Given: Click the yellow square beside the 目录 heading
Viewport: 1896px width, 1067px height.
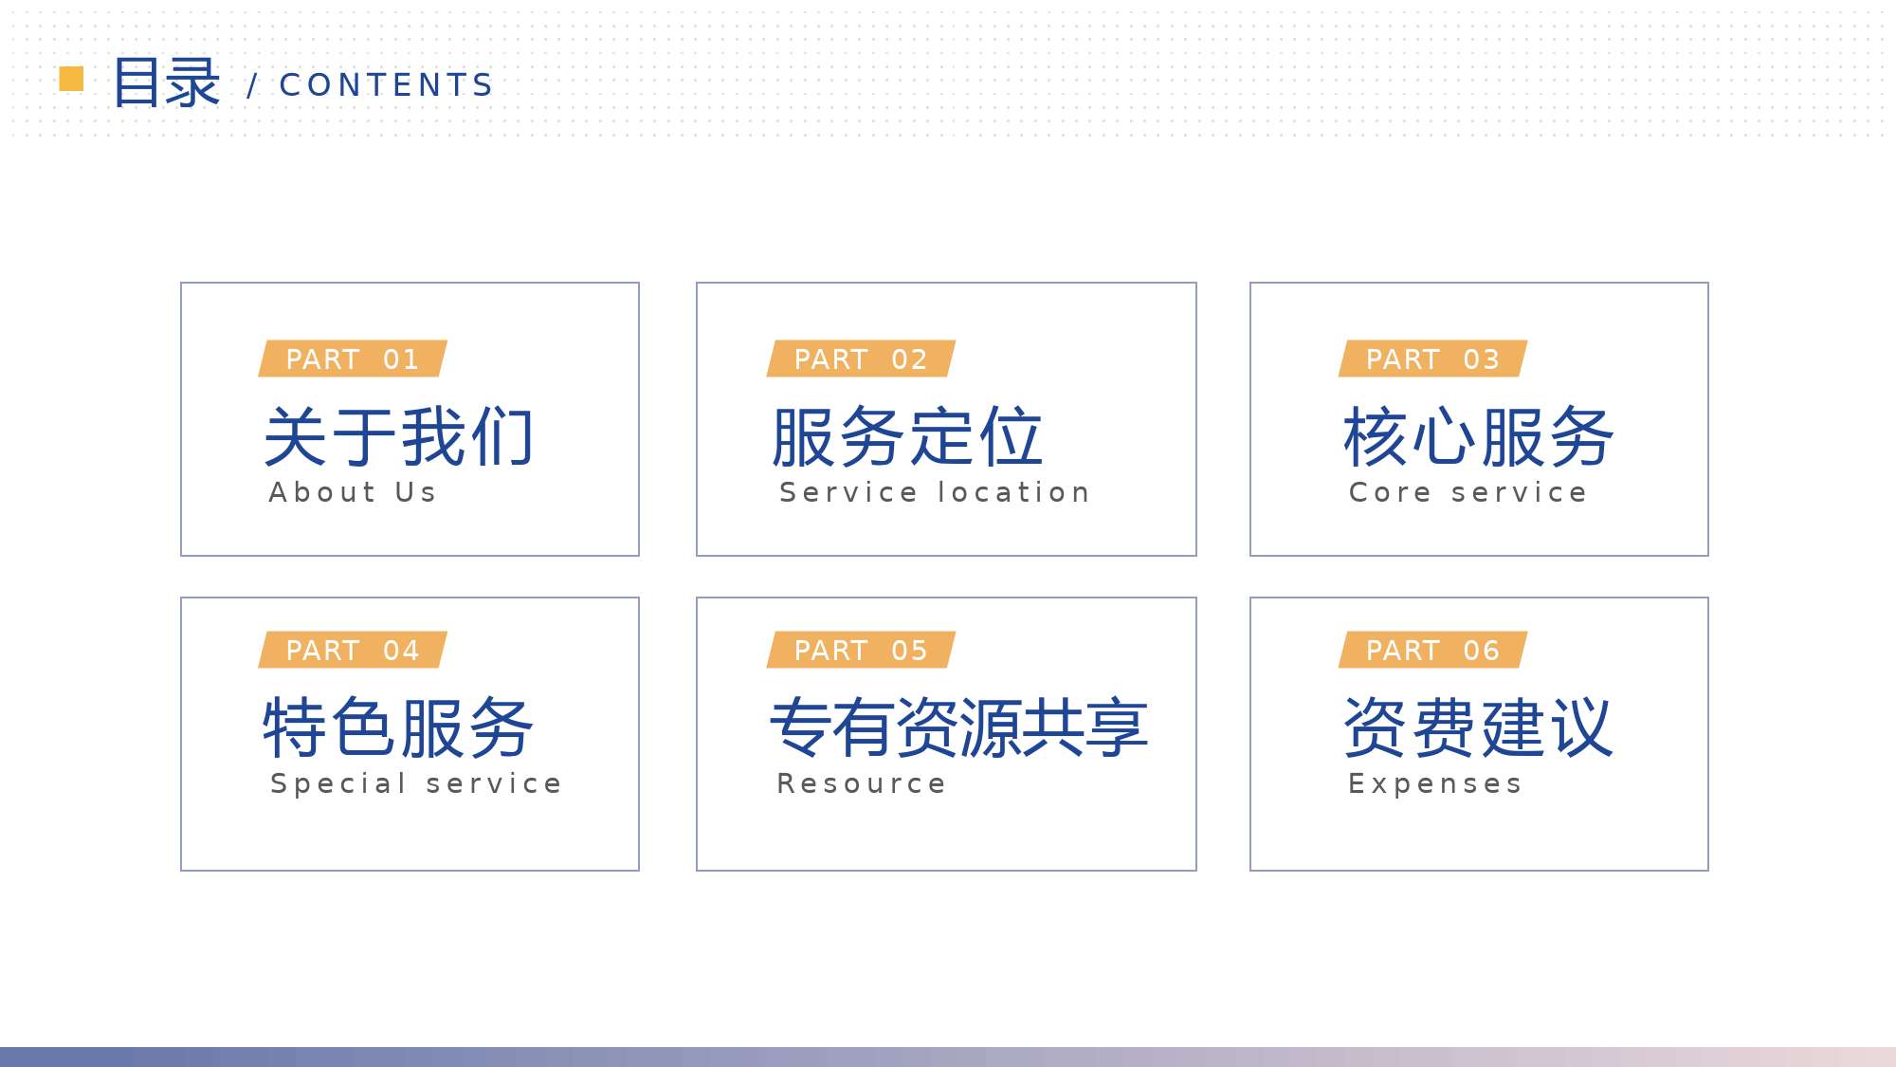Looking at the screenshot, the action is pos(71,79).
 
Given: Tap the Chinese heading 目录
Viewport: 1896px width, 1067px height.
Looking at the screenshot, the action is pos(167,83).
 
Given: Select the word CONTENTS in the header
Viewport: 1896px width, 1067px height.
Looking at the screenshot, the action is pos(387,85).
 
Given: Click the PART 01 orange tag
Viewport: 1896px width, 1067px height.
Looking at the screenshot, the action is pos(353,359).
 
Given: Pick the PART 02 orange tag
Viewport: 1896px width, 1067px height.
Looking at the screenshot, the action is pos(861,359).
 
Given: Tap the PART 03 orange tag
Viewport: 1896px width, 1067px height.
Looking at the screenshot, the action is pos(1432,359).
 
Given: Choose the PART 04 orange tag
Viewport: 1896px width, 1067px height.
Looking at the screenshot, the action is pos(353,650).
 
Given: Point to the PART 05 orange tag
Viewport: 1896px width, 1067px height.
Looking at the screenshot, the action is pos(861,650).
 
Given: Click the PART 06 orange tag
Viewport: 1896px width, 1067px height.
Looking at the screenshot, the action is pos(1432,650).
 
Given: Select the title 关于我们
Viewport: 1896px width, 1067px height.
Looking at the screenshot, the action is pos(399,436).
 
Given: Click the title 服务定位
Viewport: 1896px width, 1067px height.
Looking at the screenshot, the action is pos(907,436).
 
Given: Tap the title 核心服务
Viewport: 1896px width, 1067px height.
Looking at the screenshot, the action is pos(1479,436).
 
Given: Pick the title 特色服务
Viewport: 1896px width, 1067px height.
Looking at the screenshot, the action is pos(399,727).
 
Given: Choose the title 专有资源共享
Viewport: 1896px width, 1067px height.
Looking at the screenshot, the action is pos(959,727).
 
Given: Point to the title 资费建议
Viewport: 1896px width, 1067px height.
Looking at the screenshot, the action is pos(1479,727).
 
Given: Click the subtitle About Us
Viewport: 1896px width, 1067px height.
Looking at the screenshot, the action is pos(353,492).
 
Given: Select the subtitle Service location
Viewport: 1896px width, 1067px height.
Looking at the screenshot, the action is pos(935,492).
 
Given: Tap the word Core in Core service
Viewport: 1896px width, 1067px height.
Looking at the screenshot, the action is pos(1390,492).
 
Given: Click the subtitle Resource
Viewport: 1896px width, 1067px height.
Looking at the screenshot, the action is pos(862,783).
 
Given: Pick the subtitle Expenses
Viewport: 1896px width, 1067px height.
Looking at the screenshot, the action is pos(1435,784).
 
